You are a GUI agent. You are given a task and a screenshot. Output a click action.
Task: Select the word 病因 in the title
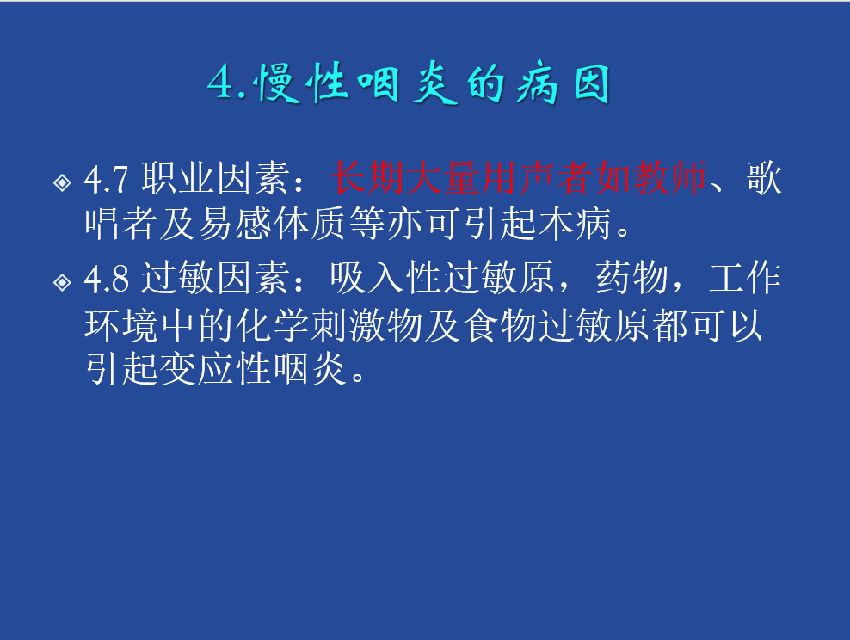(564, 84)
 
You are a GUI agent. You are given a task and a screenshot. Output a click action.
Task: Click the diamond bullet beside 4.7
(62, 182)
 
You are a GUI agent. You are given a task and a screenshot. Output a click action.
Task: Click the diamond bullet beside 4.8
(62, 282)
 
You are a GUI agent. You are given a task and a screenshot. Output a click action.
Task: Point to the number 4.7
(107, 180)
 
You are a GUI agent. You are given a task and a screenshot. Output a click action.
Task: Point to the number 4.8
(107, 279)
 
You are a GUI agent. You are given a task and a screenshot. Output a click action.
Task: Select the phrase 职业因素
(216, 178)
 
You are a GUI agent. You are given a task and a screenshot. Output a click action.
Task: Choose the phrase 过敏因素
(216, 278)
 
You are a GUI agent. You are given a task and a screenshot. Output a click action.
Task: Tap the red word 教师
(670, 178)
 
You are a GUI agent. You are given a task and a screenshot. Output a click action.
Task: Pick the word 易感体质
(273, 224)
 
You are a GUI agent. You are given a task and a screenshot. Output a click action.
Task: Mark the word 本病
(575, 224)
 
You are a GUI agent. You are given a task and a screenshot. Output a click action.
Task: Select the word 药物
(631, 278)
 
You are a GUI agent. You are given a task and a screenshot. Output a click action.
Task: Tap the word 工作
(745, 278)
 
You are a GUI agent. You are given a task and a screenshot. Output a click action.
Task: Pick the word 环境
(121, 326)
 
